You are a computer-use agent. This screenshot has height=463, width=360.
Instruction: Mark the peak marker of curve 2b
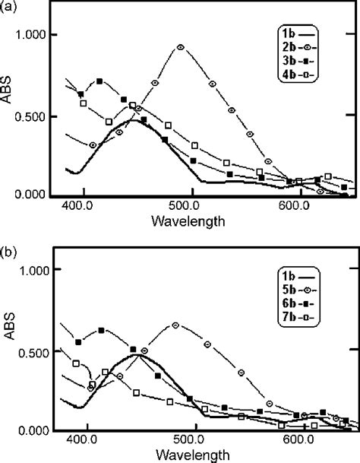(x=180, y=47)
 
